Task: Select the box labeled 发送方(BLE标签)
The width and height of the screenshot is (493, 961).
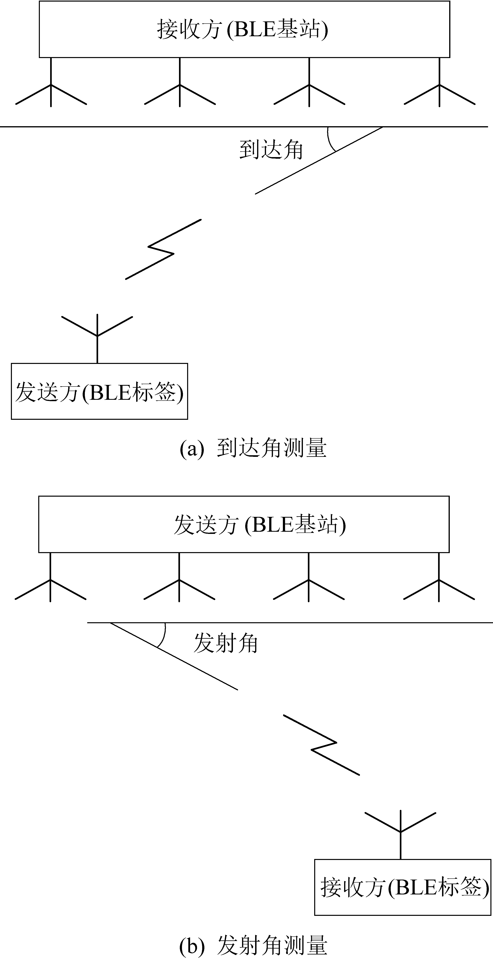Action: pyautogui.click(x=99, y=391)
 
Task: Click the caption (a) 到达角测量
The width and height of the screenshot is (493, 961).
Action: pyautogui.click(x=253, y=449)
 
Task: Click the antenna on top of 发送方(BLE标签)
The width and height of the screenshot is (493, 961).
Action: pyautogui.click(x=97, y=332)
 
